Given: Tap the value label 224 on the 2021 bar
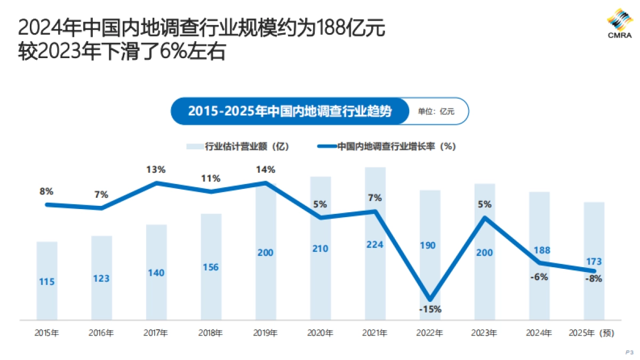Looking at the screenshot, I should click(x=374, y=244).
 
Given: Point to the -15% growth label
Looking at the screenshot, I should click(x=430, y=309).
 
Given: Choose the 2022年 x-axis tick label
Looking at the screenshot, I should click(x=430, y=333).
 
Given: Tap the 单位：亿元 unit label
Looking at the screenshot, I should click(x=436, y=111).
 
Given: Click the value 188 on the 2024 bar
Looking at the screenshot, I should click(x=539, y=250).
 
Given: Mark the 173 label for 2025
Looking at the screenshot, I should click(x=594, y=261).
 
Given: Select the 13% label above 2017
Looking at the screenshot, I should click(x=156, y=170).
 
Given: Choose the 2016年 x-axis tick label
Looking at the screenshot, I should click(x=101, y=333).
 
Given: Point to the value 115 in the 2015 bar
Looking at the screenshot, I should click(x=47, y=282).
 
